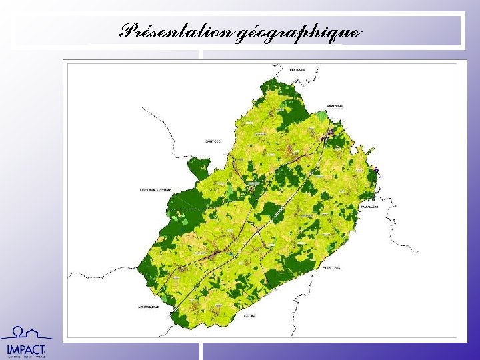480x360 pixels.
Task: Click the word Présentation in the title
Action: (176, 31)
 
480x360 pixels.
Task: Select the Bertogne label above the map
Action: (297, 69)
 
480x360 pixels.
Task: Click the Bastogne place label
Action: (334, 106)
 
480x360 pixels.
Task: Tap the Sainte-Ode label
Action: (213, 141)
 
